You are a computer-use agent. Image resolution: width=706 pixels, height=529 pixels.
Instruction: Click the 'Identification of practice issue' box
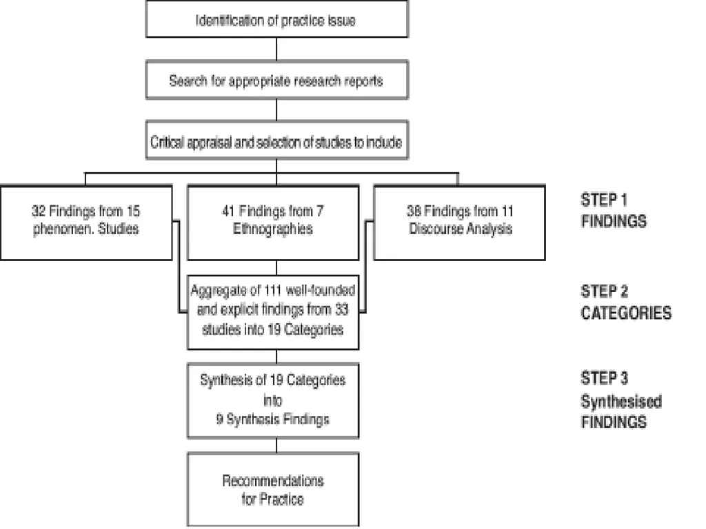click(x=277, y=19)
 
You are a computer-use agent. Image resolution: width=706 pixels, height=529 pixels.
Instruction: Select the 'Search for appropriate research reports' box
click(x=277, y=80)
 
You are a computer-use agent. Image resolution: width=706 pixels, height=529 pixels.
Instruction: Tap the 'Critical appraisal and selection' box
click(x=277, y=141)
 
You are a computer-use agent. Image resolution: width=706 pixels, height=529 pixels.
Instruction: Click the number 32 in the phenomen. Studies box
click(x=39, y=211)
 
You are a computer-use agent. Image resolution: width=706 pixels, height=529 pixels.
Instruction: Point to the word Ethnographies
click(x=273, y=229)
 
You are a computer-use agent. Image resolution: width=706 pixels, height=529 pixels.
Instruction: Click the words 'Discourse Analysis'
click(x=461, y=229)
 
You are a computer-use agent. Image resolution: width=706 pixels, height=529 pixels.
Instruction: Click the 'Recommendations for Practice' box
click(x=273, y=490)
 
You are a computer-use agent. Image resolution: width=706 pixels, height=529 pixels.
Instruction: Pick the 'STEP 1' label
click(x=604, y=200)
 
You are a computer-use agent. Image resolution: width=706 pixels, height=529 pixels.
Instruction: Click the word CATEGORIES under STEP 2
click(x=626, y=313)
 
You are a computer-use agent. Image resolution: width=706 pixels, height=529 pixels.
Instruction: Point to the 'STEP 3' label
click(x=604, y=378)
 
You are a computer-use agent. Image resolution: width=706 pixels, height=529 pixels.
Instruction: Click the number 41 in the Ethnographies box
click(x=228, y=211)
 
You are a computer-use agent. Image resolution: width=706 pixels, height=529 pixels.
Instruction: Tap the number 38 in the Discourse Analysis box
click(x=414, y=211)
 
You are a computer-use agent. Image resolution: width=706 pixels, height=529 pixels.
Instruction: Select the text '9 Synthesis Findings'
click(x=273, y=419)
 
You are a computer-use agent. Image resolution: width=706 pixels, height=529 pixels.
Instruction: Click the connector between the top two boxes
click(x=276, y=49)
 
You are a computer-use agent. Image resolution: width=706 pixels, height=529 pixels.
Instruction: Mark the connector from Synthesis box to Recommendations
click(x=276, y=446)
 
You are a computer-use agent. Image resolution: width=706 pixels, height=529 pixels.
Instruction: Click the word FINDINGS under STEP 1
click(x=614, y=221)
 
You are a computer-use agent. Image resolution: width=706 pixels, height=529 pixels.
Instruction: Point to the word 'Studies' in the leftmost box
click(x=119, y=229)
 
